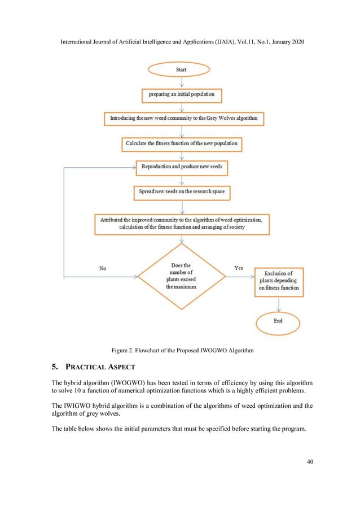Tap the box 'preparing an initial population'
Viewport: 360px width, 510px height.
(x=181, y=94)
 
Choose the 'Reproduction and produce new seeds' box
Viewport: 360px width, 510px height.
(x=181, y=168)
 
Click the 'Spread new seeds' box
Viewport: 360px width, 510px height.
(x=181, y=192)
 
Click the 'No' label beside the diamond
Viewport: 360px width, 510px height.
(x=102, y=268)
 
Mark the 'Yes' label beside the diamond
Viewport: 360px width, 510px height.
(x=239, y=268)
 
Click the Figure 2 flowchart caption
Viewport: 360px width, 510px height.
(x=180, y=351)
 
